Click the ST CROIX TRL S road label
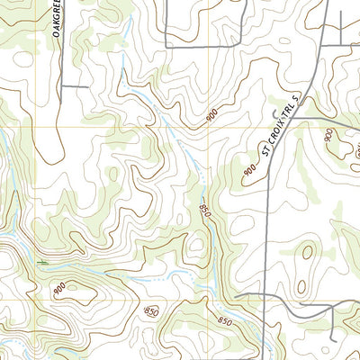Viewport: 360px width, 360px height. pos(282,125)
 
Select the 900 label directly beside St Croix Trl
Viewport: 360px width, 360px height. pos(249,170)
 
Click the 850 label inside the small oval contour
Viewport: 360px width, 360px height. pos(152,310)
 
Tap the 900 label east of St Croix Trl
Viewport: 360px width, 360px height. pos(329,139)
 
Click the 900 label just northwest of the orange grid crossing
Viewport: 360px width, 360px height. pos(211,115)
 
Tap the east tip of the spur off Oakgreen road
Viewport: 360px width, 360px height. pos(87,86)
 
